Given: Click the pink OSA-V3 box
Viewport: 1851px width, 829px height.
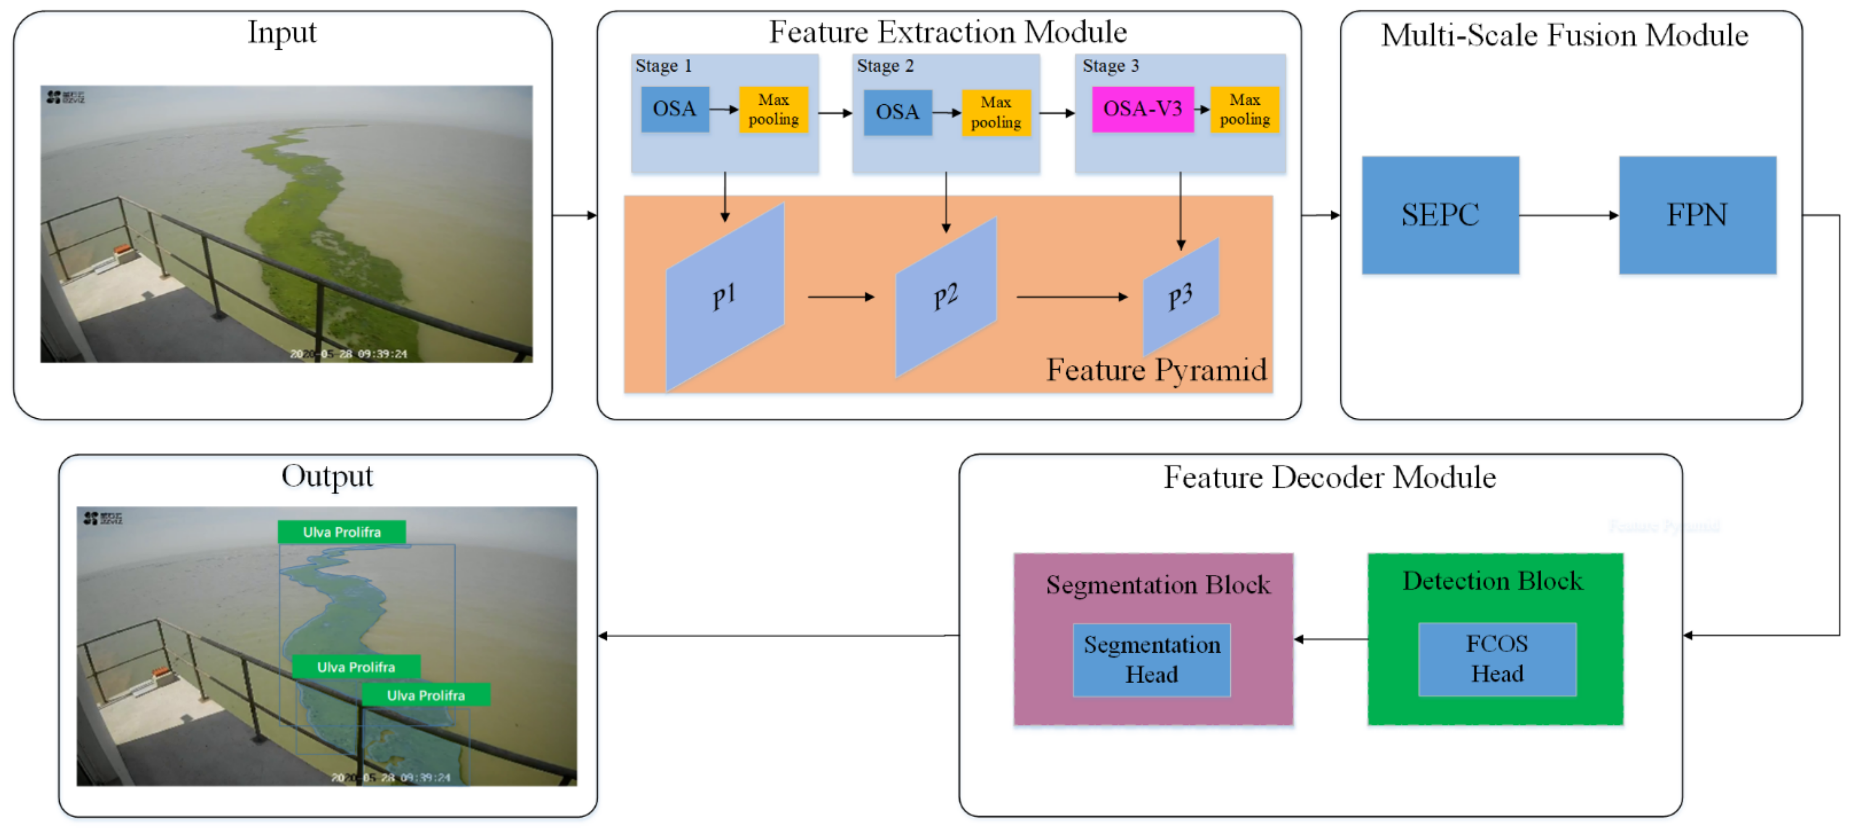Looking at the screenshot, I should coord(1142,109).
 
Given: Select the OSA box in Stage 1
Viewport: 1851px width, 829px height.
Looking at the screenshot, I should coord(674,109).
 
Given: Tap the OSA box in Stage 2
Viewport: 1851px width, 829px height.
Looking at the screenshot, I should coord(897,112).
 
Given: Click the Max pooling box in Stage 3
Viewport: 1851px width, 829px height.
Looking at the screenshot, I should coord(1245,109).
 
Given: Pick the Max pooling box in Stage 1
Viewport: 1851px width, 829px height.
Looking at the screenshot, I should coord(773,109).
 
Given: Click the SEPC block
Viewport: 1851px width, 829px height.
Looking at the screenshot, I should coord(1440,215).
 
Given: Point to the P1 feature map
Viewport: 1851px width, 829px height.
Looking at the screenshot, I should coord(724,296).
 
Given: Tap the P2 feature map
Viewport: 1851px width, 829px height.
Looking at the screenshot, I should coord(946,296).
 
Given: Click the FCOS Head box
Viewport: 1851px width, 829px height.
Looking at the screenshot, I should coord(1497,659).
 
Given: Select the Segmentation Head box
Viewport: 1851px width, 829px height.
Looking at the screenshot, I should coord(1151,659).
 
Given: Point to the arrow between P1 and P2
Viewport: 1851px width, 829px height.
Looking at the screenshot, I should coord(840,296).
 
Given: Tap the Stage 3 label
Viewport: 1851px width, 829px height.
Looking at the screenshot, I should coord(1110,66).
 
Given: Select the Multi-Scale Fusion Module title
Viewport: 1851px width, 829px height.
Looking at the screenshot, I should coord(1564,35).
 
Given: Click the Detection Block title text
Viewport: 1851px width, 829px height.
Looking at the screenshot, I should coord(1492,581).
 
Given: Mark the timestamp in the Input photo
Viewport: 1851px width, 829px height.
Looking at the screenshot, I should coord(348,354).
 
